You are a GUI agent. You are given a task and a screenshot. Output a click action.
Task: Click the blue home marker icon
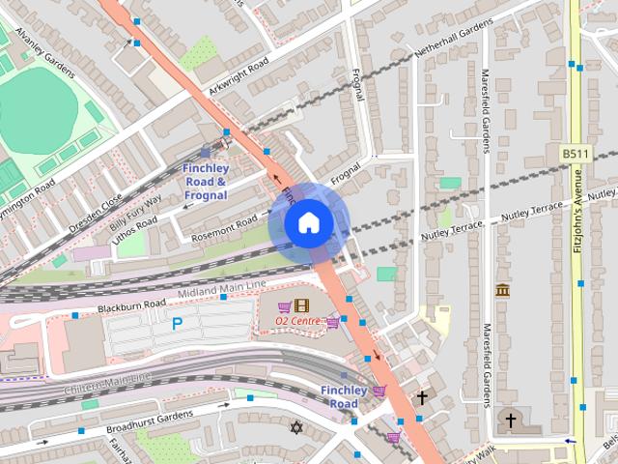(308, 223)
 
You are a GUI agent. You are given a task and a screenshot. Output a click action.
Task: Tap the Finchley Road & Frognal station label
(204, 182)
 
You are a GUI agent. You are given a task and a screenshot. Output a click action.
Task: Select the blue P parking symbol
(177, 325)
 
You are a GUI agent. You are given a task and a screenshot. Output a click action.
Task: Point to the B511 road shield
(575, 154)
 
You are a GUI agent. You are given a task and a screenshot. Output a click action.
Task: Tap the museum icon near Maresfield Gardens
(502, 290)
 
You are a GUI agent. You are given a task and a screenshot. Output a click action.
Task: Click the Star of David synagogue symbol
(296, 427)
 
